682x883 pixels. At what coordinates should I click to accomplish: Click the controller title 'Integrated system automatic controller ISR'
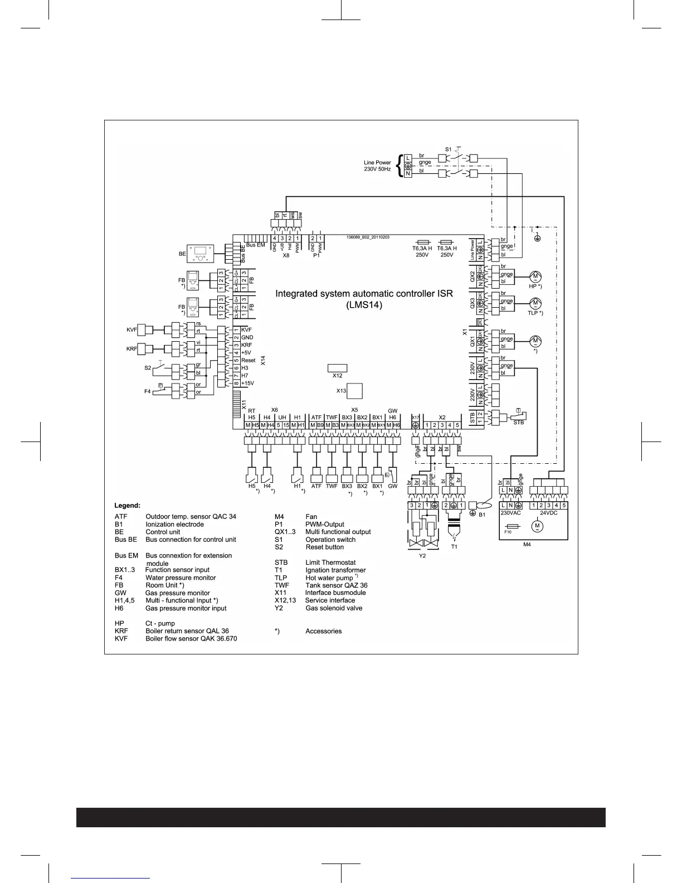(x=364, y=294)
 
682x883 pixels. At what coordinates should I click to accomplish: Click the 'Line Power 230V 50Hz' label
(x=377, y=166)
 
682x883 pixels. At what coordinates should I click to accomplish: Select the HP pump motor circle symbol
(x=535, y=276)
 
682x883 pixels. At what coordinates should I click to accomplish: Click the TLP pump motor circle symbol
(x=535, y=303)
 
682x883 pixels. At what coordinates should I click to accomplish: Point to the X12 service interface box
(x=337, y=368)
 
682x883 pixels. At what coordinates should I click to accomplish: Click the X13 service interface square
(x=354, y=391)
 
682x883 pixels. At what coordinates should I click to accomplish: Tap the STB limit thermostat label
(x=518, y=423)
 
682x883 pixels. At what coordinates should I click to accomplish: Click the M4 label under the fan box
(x=527, y=545)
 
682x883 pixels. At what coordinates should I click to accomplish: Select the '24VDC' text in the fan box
(x=548, y=513)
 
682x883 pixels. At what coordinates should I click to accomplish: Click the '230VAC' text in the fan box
(x=510, y=513)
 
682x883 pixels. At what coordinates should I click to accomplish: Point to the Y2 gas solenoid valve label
(x=422, y=556)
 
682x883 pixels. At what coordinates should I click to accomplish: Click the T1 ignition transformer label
(x=454, y=547)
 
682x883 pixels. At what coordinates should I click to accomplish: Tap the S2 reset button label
(x=148, y=368)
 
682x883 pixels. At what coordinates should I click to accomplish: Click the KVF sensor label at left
(x=131, y=330)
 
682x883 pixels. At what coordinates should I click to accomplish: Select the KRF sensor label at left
(x=131, y=349)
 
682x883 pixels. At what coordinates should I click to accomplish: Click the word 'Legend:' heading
(x=128, y=505)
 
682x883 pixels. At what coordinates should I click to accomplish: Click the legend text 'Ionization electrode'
(x=174, y=525)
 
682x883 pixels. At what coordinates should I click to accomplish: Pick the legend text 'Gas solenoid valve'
(x=334, y=608)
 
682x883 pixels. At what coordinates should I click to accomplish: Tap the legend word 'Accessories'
(x=323, y=632)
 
